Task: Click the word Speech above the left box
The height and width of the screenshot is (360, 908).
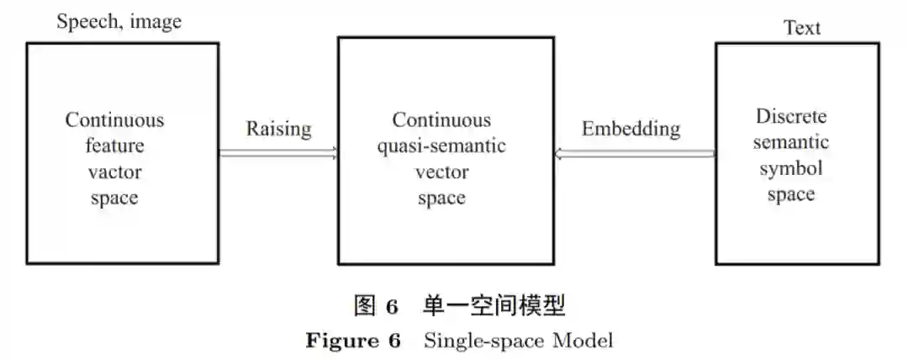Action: pos(87,22)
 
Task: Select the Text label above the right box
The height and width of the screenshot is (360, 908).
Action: pos(801,28)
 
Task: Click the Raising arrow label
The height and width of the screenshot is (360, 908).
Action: pos(278,129)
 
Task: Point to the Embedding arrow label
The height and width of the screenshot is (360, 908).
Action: pos(631,129)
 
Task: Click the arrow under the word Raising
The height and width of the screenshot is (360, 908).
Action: pos(278,153)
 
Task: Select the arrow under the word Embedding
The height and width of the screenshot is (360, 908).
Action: pos(635,153)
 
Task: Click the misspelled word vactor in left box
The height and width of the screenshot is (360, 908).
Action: pos(115,172)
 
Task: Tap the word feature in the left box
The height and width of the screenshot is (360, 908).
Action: pos(115,146)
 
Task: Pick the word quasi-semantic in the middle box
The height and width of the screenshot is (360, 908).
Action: pos(441,146)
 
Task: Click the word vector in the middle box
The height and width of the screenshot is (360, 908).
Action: pos(441,172)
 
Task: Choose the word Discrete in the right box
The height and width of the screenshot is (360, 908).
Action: pos(791,116)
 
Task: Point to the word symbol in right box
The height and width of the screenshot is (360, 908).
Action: pos(791,168)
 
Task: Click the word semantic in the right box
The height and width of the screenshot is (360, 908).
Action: pos(791,142)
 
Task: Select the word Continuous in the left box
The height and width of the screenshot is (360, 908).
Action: pos(115,119)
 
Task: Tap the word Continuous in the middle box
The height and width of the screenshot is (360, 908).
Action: pos(441,119)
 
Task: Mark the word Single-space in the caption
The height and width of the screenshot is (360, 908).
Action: pos(481,341)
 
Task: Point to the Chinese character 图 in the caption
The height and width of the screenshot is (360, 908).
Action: pos(364,306)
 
